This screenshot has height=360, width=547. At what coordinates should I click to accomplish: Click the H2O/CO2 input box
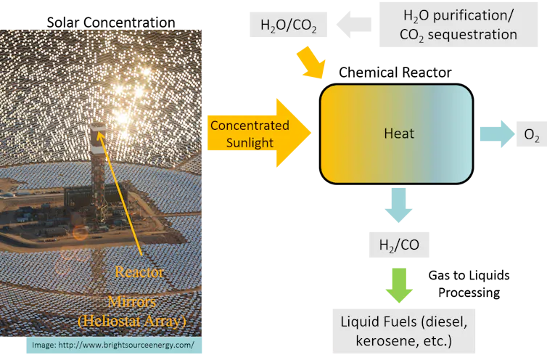[x=288, y=27]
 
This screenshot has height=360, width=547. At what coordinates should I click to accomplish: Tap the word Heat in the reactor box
[x=399, y=133]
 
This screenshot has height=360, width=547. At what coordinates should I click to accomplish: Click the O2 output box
[x=531, y=134]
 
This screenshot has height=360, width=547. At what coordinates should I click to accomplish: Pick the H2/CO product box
[x=398, y=245]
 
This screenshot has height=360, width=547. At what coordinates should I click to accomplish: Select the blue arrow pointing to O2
[x=495, y=134]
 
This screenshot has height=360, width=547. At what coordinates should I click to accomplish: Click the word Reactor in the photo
[x=139, y=272]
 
